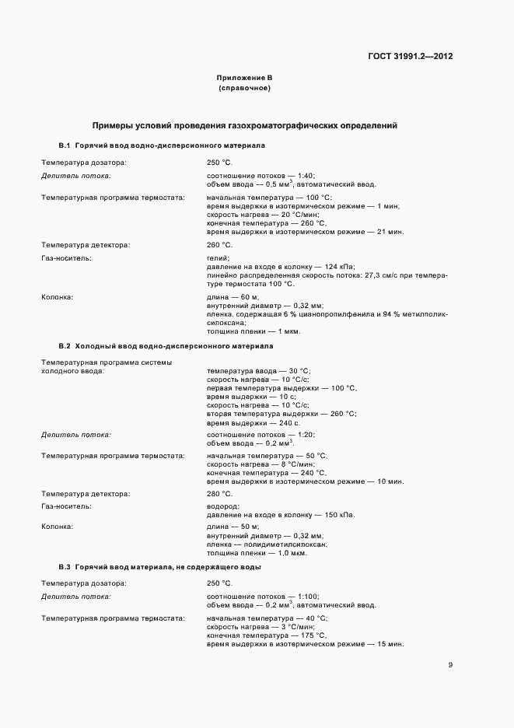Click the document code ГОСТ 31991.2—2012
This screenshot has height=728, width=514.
tap(410, 57)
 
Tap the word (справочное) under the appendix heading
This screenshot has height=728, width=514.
tap(244, 89)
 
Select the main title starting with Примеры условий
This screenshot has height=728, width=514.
tap(245, 124)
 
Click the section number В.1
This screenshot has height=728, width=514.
tap(65, 145)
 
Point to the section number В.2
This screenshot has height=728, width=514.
tap(65, 345)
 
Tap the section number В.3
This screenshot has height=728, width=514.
tap(65, 567)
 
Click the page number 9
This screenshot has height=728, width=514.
tap(450, 664)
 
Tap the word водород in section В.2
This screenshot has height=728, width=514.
tap(222, 506)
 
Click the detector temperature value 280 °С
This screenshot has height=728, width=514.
tap(220, 494)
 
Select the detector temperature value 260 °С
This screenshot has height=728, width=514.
tap(220, 245)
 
